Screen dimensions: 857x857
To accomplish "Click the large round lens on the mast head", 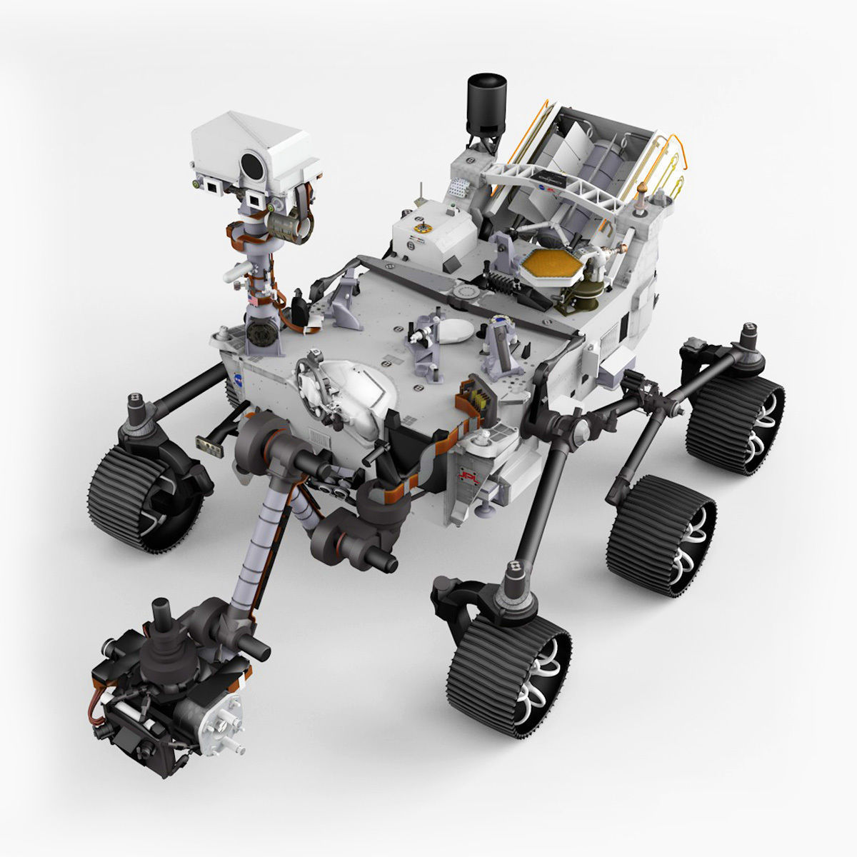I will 251,165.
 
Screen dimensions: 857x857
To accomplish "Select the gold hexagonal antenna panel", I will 549,267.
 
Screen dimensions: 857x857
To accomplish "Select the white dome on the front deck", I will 350,389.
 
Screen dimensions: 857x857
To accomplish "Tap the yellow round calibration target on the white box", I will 422,229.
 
